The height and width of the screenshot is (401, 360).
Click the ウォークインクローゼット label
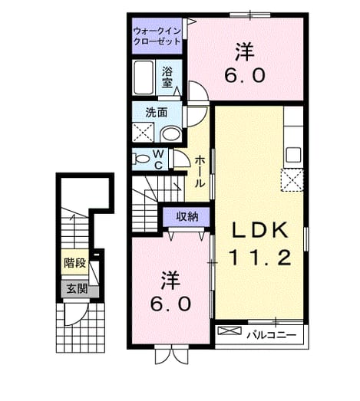157,36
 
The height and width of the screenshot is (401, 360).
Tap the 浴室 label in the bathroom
167,77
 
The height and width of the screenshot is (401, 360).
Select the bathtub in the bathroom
144,77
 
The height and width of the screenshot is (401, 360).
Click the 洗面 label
157,112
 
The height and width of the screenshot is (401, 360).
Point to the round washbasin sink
171,133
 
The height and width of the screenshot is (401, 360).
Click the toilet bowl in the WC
141,159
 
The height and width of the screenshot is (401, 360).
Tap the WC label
159,159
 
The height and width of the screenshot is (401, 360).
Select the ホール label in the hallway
200,172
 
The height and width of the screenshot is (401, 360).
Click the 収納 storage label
187,217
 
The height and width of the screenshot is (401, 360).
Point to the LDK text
259,230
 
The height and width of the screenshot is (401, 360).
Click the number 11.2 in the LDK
260,258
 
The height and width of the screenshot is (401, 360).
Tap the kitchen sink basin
293,155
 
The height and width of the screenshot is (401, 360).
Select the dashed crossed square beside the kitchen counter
292,179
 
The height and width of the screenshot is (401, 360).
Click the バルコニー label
271,334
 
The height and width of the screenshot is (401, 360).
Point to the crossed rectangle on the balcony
230,331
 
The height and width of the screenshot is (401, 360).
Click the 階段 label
74,263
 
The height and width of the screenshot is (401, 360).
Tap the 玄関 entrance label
77,289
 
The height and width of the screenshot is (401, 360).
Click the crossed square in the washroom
143,132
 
